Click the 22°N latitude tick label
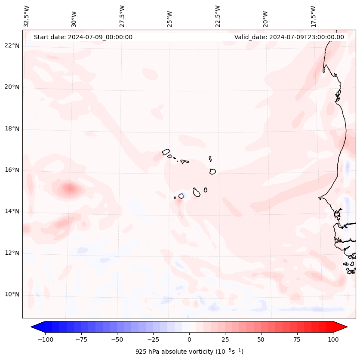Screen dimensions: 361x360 [x=12, y=46]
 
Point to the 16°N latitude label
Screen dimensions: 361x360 [x=12, y=170]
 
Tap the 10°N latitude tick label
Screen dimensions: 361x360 [x=12, y=294]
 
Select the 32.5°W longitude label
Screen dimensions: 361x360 [x=27, y=16]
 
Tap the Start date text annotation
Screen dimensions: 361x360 [x=83, y=37]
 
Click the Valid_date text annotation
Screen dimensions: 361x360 [x=289, y=37]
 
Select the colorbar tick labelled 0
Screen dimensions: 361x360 [x=189, y=339]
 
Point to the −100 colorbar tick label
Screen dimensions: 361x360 [x=45, y=339]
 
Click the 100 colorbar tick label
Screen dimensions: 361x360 [x=333, y=339]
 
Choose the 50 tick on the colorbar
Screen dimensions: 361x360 [x=261, y=339]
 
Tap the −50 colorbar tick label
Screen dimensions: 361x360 [x=117, y=339]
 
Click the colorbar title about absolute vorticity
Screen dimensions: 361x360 [x=189, y=352]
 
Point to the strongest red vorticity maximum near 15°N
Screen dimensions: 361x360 [x=69, y=188]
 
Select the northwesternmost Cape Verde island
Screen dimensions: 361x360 [x=166, y=152]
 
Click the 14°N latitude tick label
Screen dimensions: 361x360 [x=12, y=211]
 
